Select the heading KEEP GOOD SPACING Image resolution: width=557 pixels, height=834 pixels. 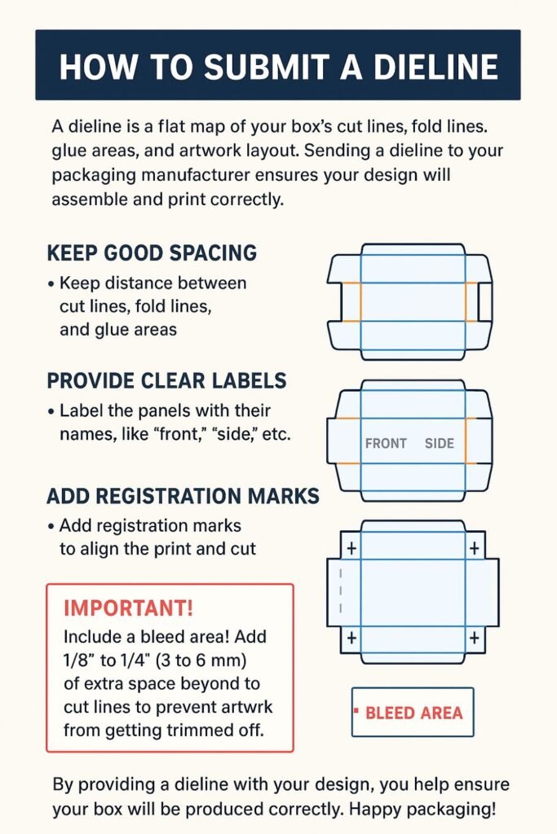152,252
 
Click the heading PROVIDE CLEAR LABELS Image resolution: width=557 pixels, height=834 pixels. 167,380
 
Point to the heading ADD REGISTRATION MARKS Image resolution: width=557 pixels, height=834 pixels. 183,496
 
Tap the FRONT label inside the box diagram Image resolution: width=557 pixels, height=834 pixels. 386,444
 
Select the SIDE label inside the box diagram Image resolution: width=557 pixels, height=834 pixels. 440,444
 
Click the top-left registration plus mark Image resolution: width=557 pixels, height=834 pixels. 351,548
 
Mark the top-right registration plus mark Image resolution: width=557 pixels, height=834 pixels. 474,548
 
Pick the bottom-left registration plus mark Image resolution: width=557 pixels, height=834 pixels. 351,638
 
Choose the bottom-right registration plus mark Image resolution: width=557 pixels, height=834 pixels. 474,638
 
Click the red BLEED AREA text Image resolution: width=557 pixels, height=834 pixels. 413,713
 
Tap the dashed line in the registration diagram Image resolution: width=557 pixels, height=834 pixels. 341,591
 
